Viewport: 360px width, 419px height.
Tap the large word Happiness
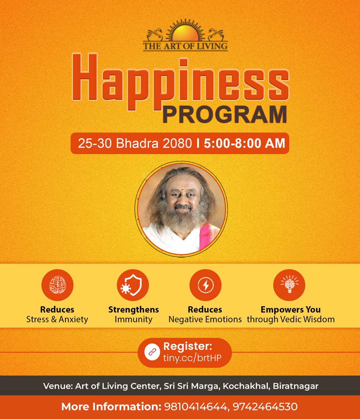(181, 82)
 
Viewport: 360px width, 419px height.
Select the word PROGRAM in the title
(225, 114)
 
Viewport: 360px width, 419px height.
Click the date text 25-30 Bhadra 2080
(135, 144)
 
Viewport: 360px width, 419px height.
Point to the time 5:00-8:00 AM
(245, 144)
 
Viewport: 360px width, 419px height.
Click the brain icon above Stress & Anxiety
(57, 285)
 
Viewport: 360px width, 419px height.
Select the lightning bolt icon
(205, 286)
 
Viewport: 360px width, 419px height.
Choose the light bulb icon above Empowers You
(289, 284)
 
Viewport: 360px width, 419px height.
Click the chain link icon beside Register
(152, 352)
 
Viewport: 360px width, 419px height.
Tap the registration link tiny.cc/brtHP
(192, 358)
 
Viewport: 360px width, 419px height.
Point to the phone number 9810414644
(195, 407)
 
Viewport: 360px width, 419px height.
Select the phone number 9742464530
(265, 407)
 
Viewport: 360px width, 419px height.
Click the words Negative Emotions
(205, 319)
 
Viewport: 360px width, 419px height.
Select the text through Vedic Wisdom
(291, 319)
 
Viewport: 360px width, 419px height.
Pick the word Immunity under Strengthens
(133, 319)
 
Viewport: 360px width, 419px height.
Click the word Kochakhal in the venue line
(246, 386)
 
